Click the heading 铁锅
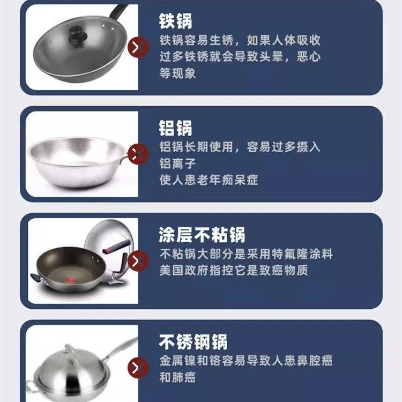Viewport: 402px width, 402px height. coord(176,21)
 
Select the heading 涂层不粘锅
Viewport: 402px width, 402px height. coord(202,235)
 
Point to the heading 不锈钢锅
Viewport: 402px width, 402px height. coord(193,341)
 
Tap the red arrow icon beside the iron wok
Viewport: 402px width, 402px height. coord(138,47)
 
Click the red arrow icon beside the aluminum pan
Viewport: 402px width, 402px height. coord(138,154)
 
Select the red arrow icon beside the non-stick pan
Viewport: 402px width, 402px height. coord(138,261)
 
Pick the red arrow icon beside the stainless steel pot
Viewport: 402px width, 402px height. coord(138,368)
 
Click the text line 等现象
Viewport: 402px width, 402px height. coord(177,73)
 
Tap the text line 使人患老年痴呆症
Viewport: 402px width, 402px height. coord(209,180)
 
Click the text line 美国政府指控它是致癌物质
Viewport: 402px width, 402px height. coord(234,270)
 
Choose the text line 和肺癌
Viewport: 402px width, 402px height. coord(177,377)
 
